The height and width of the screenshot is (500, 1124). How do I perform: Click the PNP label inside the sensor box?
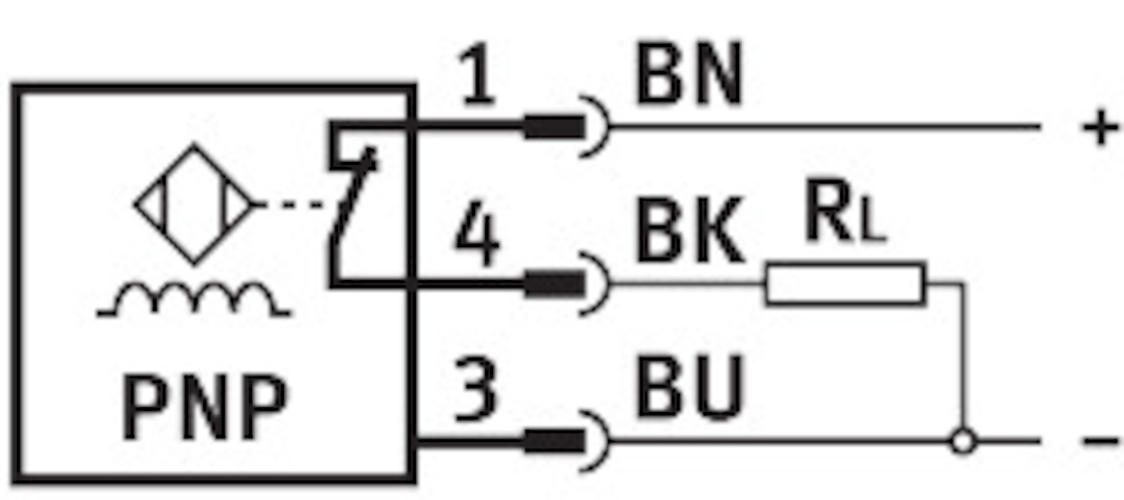tap(205, 407)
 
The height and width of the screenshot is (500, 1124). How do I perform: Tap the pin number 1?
tap(478, 74)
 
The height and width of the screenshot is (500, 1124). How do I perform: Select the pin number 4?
tap(477, 234)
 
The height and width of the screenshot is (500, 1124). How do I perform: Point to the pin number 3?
tap(476, 390)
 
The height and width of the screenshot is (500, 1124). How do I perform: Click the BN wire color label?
tap(688, 73)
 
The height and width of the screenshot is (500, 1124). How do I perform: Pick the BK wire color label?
tap(689, 230)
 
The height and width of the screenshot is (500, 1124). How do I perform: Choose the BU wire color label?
tap(689, 386)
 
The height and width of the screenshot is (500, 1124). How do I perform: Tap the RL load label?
tap(845, 211)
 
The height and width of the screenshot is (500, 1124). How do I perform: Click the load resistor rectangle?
tap(846, 284)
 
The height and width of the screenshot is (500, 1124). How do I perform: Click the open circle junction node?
tap(963, 442)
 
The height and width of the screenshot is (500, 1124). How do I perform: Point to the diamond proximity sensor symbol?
tap(195, 204)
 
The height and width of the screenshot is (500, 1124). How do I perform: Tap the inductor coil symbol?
tap(194, 300)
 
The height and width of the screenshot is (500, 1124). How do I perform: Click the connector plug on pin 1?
tap(554, 126)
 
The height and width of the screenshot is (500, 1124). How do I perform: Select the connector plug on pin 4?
tap(554, 284)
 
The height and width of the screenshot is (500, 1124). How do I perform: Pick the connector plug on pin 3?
tap(554, 441)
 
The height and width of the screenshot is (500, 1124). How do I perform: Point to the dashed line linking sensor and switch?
tap(300, 204)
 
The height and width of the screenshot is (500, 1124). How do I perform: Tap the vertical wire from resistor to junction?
tap(963, 356)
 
